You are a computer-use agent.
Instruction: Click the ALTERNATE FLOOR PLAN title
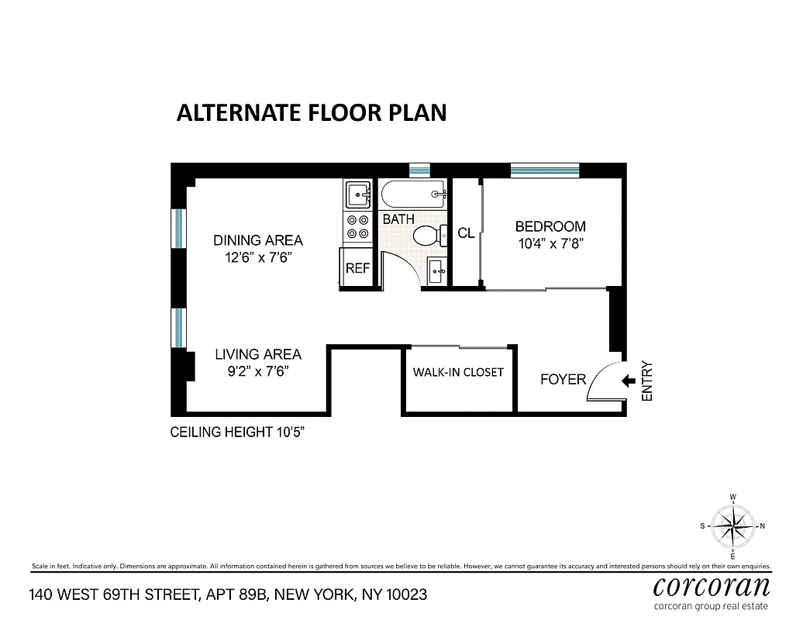[x=312, y=112]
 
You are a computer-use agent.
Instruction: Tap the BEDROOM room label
[x=550, y=226]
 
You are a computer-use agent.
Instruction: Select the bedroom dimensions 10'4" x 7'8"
[x=550, y=243]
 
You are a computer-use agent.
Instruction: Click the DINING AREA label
[x=258, y=240]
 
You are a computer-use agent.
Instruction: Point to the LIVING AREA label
[x=258, y=354]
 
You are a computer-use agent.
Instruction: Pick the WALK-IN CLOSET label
[x=458, y=372]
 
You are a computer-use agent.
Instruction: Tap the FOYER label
[x=563, y=379]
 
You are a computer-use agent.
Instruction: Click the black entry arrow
[x=629, y=381]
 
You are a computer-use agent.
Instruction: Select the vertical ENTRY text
[x=648, y=381]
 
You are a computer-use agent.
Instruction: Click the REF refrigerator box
[x=357, y=268]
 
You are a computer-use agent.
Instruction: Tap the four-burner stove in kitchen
[x=357, y=226]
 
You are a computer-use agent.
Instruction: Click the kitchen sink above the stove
[x=357, y=194]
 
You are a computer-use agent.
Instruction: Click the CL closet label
[x=466, y=232]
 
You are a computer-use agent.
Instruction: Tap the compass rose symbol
[x=732, y=525]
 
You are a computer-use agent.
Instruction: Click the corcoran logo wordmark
[x=712, y=584]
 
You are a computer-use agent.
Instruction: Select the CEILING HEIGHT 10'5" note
[x=237, y=432]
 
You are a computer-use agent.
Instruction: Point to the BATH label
[x=398, y=219]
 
